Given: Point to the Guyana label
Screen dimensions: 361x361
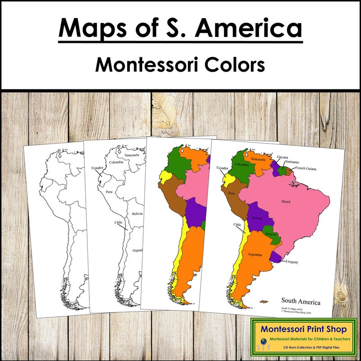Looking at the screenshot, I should [x=282, y=157].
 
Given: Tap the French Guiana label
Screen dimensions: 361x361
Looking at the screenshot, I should [x=306, y=169].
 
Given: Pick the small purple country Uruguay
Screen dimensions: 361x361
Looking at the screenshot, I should [x=276, y=257].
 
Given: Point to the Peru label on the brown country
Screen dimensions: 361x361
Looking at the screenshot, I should [x=232, y=193].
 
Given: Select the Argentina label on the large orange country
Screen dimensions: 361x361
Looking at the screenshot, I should [x=255, y=255].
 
